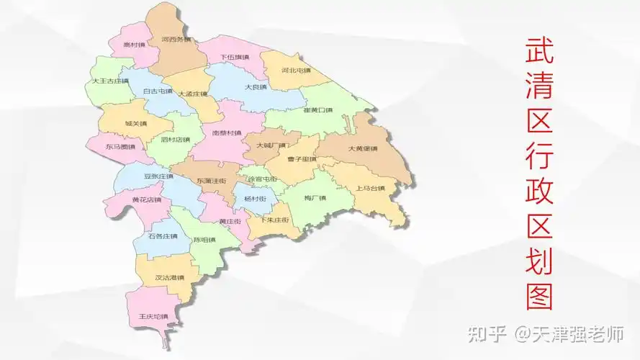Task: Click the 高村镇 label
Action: click(132, 44)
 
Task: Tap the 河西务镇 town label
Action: click(176, 39)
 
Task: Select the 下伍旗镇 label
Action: click(234, 57)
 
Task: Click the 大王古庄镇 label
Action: click(110, 81)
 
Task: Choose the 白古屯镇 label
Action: click(158, 91)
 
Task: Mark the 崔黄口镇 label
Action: click(317, 110)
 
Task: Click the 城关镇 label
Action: click(135, 123)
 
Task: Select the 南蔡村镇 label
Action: click(227, 133)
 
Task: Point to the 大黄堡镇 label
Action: click(363, 149)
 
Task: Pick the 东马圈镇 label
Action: click(120, 146)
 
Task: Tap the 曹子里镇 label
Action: click(302, 159)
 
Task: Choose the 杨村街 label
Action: click(255, 198)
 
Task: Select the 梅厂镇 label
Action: click(315, 197)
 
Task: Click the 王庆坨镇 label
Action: click(153, 316)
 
